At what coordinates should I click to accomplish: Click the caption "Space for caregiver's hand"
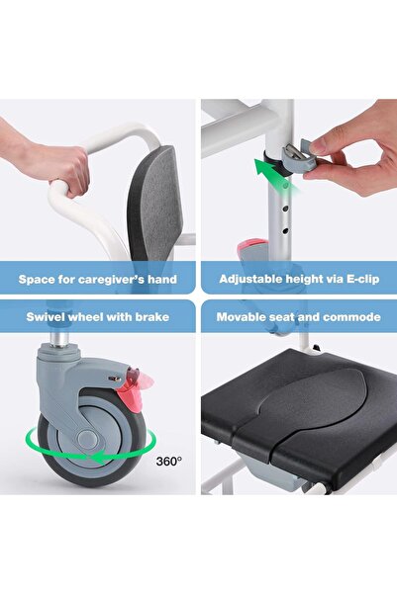click(98, 279)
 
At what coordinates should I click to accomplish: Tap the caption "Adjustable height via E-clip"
click(299, 279)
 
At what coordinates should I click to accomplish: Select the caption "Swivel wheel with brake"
click(98, 318)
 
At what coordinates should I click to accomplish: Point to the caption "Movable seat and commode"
click(299, 318)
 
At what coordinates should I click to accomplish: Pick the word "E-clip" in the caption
click(355, 279)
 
